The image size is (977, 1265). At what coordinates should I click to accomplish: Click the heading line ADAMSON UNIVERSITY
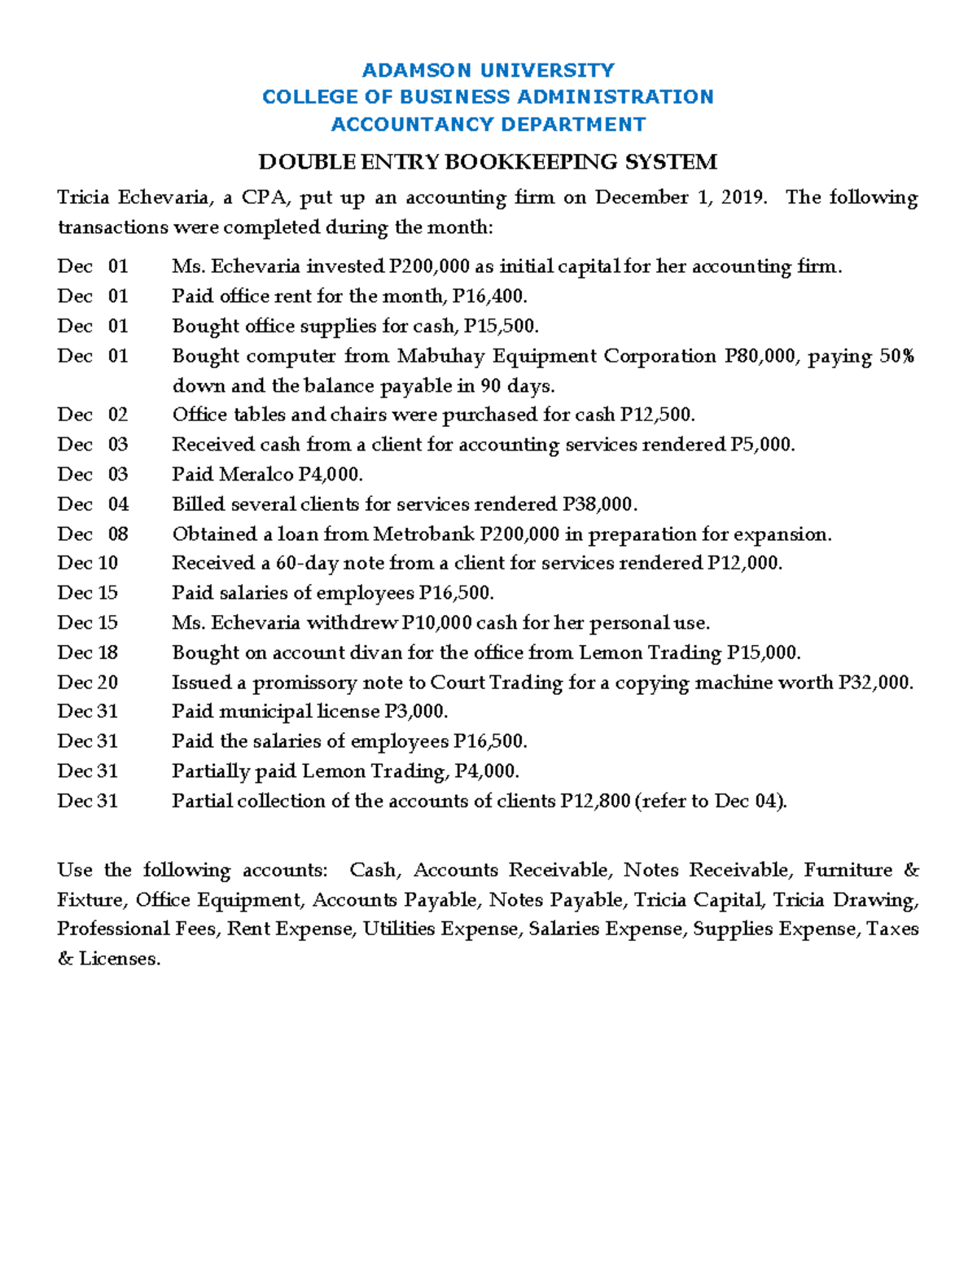[x=488, y=70]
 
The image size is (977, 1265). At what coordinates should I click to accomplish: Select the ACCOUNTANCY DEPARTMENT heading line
[x=488, y=125]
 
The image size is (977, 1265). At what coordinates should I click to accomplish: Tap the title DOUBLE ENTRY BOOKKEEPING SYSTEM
[x=488, y=162]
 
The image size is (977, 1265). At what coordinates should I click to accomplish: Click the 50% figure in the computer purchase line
[x=896, y=357]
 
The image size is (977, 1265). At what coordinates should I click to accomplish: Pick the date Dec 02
[x=92, y=415]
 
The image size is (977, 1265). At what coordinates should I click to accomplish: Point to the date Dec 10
[x=87, y=564]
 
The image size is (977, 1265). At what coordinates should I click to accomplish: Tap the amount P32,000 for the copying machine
[x=875, y=683]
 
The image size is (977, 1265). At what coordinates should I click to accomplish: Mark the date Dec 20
[x=87, y=683]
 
